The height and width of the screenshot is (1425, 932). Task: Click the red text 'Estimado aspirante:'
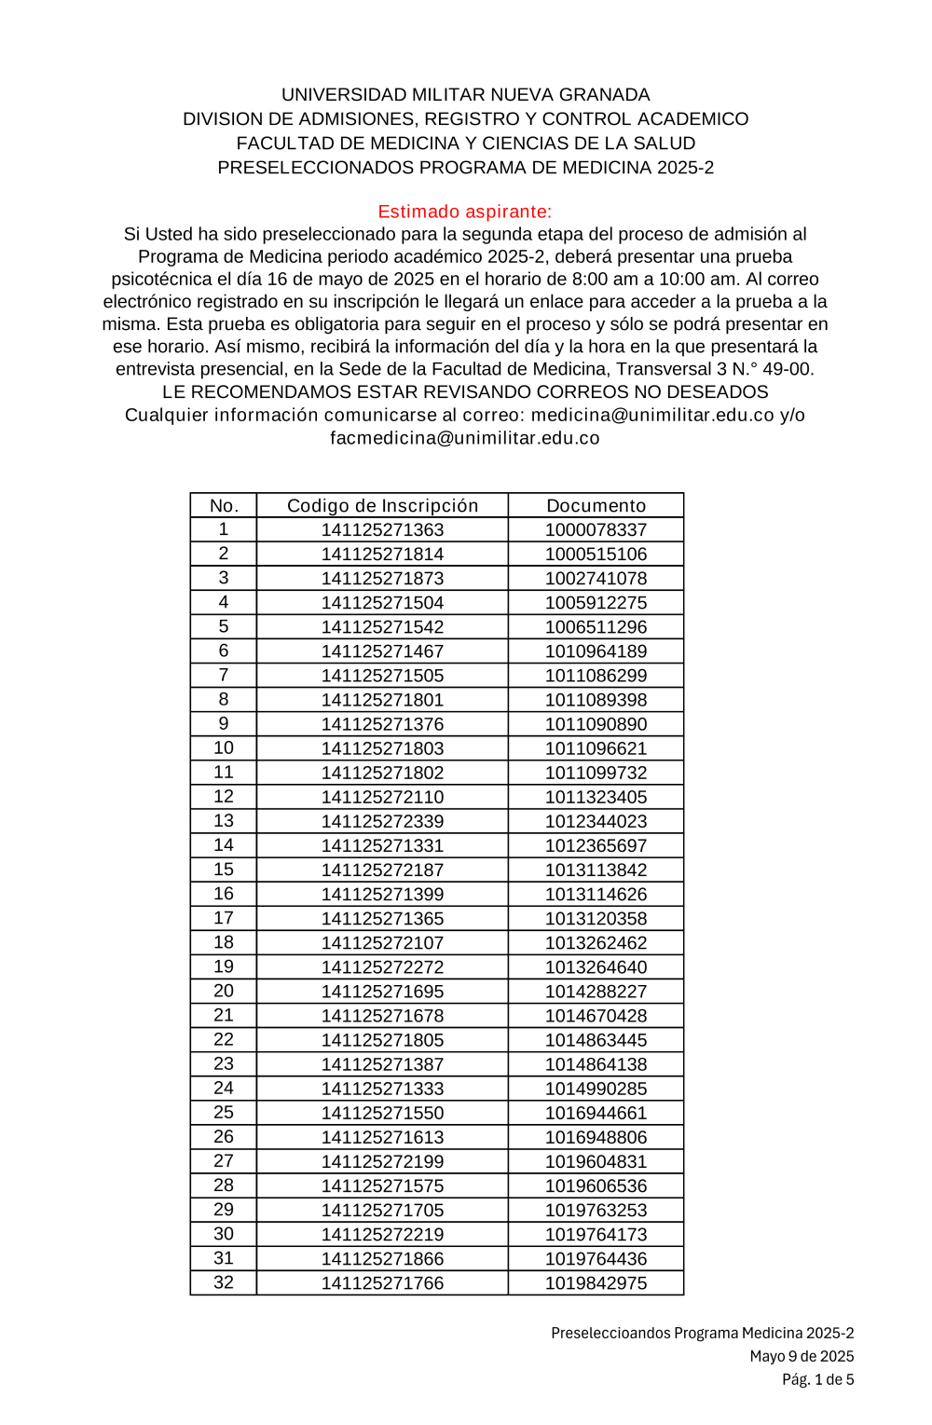tap(465, 212)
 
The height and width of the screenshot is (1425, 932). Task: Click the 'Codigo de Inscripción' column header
tap(382, 505)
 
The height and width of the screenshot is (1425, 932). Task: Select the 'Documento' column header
tap(596, 505)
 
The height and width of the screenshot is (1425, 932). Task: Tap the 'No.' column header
tap(224, 505)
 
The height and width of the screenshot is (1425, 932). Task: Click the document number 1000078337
tap(596, 529)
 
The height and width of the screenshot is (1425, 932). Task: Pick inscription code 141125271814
tap(382, 554)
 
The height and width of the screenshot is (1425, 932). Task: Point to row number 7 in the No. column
tap(224, 675)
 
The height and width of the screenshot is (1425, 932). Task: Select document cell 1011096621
tap(596, 748)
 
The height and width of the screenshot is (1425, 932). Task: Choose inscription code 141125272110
tap(382, 797)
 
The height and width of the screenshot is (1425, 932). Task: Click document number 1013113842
tap(596, 870)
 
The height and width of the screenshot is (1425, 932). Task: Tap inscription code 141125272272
tap(382, 967)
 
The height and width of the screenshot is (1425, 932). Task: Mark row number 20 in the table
tap(224, 991)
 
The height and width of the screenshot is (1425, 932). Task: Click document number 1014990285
tap(596, 1089)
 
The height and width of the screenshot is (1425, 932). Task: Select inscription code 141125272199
tap(382, 1161)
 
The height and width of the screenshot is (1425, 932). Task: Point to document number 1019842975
tap(596, 1282)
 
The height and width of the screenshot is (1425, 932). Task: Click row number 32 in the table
tap(224, 1282)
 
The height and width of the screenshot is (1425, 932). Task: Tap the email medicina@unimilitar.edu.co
tap(652, 415)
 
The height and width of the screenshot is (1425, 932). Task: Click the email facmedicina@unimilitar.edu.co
tap(465, 438)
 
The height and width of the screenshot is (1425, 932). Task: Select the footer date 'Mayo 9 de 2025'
tap(802, 1356)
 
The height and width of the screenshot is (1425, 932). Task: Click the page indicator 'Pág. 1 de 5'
tap(817, 1379)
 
